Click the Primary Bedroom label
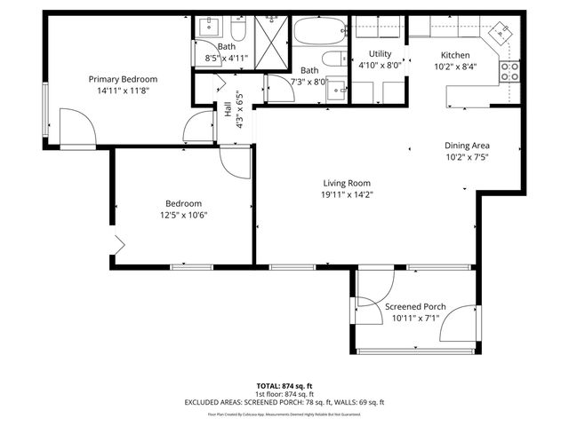tap(121, 78)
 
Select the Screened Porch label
tap(415, 306)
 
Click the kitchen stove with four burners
tap(510, 71)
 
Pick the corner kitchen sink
tap(502, 33)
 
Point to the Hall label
tap(228, 110)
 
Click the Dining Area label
tap(468, 146)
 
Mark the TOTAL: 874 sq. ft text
tap(284, 386)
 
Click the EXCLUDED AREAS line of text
tap(284, 402)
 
